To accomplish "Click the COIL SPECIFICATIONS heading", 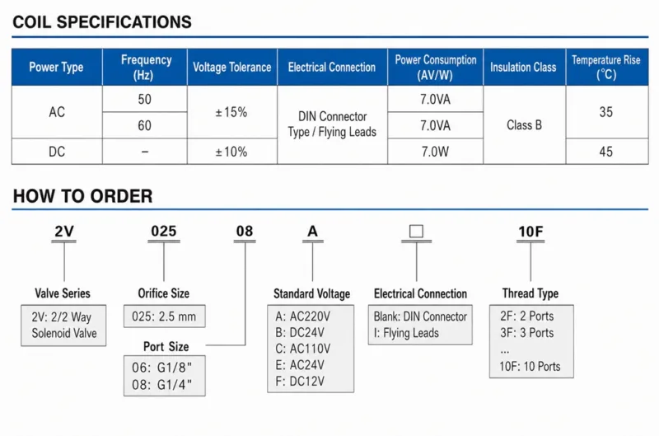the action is pos(102,22).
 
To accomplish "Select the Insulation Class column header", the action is pos(523,68).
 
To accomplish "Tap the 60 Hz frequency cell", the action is pos(145,125).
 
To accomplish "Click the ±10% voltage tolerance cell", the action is pos(231,152).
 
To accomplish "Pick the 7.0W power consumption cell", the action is pos(435,152).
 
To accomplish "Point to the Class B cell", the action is pos(524,125).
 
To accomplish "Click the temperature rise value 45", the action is pos(606,152).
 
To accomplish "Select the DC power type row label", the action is pos(57,152).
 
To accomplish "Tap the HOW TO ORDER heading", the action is pos(83,196).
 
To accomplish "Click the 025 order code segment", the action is pos(164,232).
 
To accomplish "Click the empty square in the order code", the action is pos(416,232).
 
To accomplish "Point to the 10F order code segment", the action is pos(530,232).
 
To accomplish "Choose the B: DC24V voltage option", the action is pos(300,333).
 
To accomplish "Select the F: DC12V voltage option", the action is pos(300,382).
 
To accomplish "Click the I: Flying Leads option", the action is pos(406,333).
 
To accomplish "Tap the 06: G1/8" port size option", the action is pos(161,368).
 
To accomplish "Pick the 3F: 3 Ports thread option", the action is pos(526,333).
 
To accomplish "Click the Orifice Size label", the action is pos(163,293).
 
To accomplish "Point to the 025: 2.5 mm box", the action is pos(164,316).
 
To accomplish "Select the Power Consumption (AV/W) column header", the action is pos(436,68).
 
